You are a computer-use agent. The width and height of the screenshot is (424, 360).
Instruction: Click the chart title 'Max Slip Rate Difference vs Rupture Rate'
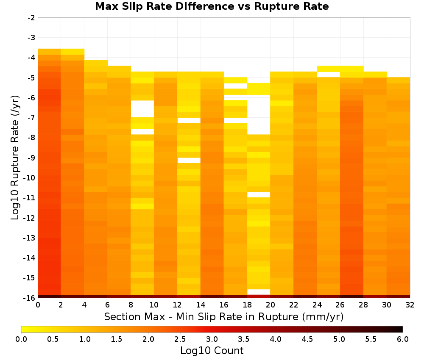[212, 6]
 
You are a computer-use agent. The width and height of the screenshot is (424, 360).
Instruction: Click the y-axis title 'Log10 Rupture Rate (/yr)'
[15, 158]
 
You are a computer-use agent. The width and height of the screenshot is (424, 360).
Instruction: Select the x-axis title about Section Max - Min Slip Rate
[223, 317]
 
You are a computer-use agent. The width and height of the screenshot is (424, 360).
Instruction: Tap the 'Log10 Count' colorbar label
[212, 351]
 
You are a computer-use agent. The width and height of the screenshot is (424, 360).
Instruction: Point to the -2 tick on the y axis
[31, 18]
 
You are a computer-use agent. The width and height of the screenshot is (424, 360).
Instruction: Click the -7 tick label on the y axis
[31, 118]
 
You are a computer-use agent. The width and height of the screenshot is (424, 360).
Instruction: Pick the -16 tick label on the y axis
[30, 298]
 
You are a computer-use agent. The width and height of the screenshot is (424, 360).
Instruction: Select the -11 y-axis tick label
[30, 198]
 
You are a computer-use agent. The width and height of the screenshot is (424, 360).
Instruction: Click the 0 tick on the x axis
[38, 305]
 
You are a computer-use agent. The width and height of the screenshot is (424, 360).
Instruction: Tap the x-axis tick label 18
[247, 305]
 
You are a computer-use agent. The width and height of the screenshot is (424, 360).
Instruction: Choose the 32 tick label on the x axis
[410, 305]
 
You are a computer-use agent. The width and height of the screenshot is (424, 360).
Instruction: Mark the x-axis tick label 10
[154, 305]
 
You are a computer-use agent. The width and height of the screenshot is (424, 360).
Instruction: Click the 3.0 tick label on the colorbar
[212, 339]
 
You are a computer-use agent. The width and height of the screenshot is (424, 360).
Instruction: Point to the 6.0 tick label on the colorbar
[403, 339]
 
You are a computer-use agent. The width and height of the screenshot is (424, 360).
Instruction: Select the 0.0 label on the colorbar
[21, 339]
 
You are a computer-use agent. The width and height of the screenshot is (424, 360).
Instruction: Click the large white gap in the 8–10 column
[142, 109]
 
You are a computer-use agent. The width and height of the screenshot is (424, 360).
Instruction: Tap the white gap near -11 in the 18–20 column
[259, 195]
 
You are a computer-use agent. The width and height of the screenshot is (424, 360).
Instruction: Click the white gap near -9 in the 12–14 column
[189, 161]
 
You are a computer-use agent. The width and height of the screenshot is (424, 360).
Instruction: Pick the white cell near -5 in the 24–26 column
[329, 75]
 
